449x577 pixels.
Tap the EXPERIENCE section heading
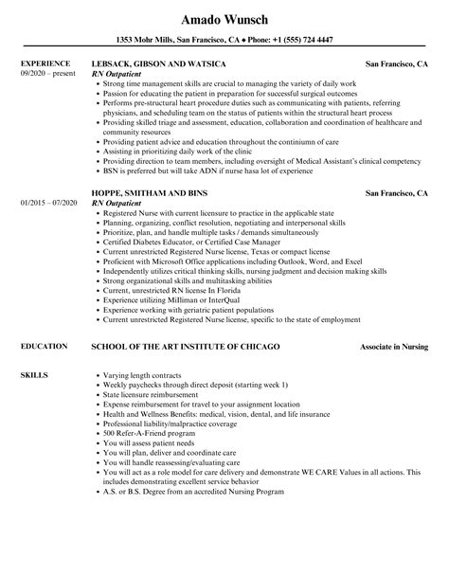(x=43, y=63)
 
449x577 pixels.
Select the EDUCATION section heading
(x=42, y=348)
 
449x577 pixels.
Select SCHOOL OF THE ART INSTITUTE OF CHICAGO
(x=185, y=348)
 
